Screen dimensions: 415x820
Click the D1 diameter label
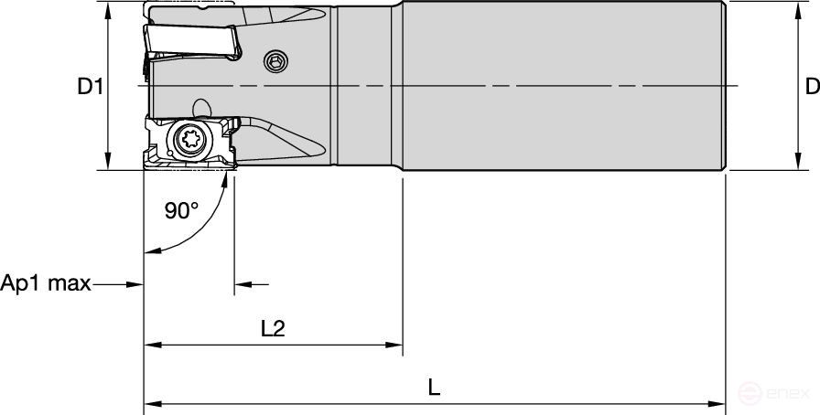pos(89,88)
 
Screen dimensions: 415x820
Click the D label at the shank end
pos(811,87)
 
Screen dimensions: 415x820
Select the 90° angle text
pos(181,210)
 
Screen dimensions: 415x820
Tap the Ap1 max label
pos(46,283)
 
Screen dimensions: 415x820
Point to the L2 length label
pos(273,328)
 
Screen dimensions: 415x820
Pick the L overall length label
pos(435,387)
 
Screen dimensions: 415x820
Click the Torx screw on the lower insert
pos(192,143)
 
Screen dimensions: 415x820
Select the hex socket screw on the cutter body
pos(274,61)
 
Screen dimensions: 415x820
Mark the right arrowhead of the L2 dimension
pos(396,346)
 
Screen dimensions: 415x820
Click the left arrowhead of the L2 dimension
pos(151,346)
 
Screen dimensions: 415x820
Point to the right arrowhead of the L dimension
pos(719,402)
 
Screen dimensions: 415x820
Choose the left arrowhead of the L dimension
pos(151,402)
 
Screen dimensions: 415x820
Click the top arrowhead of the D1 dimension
pos(109,9)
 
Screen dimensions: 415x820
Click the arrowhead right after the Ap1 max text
pos(136,284)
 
